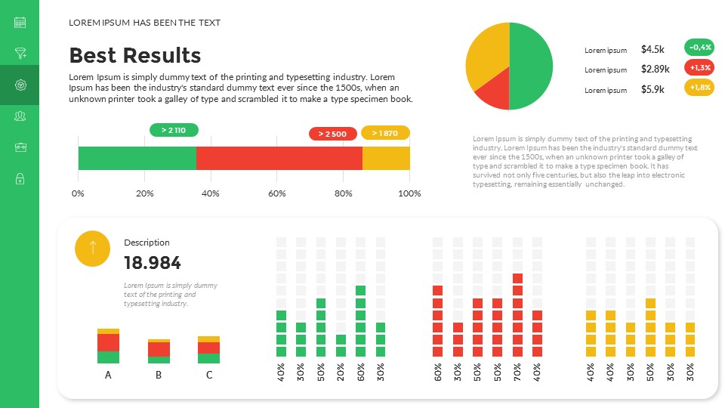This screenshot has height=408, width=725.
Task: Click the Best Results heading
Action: coord(135,55)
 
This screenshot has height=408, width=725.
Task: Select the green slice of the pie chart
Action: coord(532,64)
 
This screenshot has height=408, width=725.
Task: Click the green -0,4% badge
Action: coord(699,47)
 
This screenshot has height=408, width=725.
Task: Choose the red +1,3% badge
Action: coord(699,67)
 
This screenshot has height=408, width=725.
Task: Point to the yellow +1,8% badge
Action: coord(699,88)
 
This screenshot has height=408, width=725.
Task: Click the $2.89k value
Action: coord(655,69)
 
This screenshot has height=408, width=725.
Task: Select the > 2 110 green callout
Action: coord(174,130)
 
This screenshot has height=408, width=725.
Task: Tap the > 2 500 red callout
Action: coord(332,134)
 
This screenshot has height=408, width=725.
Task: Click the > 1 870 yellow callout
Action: coord(385,133)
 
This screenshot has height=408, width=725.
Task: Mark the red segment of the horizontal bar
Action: coord(279,158)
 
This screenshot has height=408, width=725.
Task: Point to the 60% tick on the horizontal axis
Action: coord(277,194)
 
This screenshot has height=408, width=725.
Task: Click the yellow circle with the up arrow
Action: coord(93,248)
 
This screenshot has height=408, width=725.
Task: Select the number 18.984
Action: coord(153,263)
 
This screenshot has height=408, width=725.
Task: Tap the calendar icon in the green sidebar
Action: coord(20,22)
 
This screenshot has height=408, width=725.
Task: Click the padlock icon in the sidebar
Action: coord(20,178)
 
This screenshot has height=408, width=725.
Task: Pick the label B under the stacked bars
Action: coord(159,375)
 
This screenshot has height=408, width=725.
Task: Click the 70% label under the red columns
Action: coord(517,372)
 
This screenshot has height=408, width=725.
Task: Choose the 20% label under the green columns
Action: coord(341,372)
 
